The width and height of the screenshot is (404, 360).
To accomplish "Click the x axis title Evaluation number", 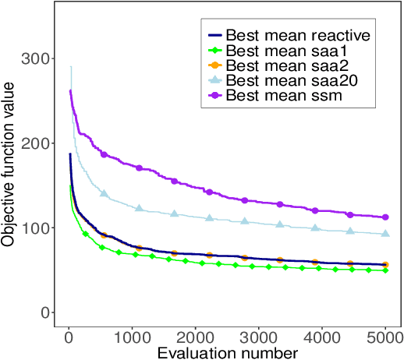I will [x=227, y=353].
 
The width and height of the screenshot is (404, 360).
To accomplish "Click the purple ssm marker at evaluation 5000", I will [x=385, y=217].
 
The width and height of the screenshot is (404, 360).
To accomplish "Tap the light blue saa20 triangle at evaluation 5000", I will [x=385, y=234].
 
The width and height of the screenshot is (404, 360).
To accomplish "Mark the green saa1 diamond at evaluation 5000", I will [x=385, y=270].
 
